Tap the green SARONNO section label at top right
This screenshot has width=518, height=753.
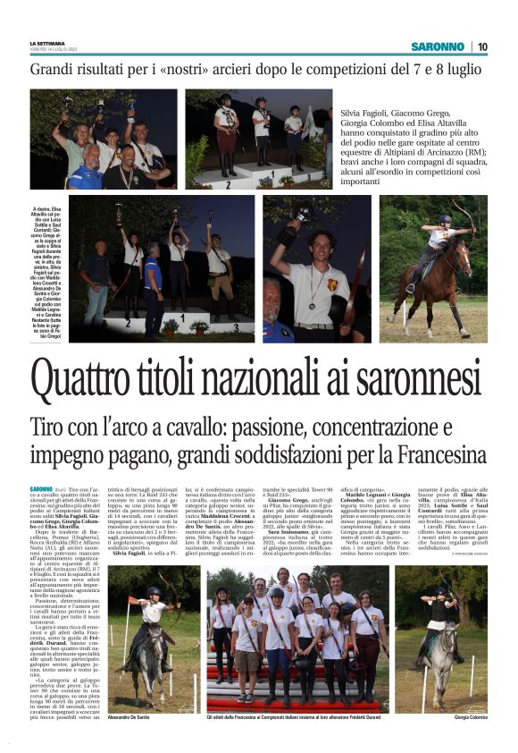pyautogui.click(x=437, y=47)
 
